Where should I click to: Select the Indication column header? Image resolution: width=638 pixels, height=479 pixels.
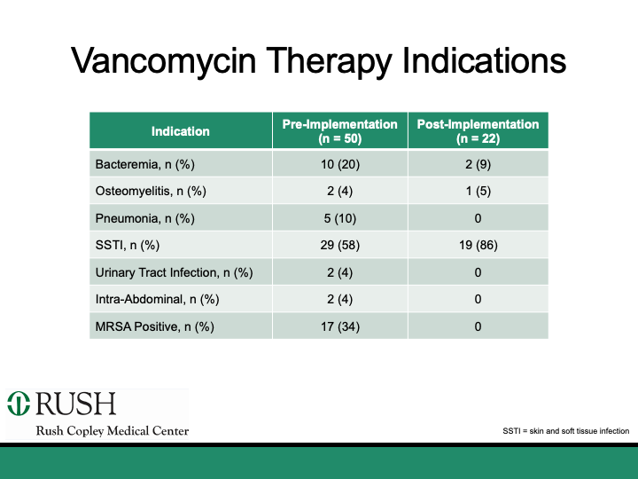[180, 131]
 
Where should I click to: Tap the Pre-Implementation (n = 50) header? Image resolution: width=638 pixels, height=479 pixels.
[339, 131]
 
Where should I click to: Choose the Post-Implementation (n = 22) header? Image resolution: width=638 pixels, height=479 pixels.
[478, 131]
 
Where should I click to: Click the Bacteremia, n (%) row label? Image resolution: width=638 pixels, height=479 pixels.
[144, 164]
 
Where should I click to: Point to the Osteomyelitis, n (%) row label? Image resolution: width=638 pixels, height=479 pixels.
[150, 191]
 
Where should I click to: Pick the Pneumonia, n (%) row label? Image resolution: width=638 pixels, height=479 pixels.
[145, 218]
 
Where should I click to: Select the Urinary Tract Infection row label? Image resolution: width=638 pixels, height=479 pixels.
[174, 272]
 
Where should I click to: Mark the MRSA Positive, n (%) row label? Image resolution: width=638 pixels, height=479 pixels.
[154, 326]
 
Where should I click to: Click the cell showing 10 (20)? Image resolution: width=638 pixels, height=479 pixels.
[339, 164]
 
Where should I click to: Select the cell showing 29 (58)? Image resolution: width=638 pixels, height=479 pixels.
[339, 245]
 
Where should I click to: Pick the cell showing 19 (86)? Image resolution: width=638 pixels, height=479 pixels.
[478, 245]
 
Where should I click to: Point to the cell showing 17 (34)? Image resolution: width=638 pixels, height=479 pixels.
[339, 326]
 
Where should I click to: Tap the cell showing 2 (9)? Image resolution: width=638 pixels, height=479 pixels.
[478, 164]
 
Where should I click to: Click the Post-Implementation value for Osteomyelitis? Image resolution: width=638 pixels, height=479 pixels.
[478, 191]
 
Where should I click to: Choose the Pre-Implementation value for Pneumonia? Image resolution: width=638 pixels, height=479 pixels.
[339, 218]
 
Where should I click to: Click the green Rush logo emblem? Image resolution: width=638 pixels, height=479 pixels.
[19, 404]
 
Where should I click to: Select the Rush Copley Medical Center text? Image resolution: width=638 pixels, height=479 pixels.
[112, 431]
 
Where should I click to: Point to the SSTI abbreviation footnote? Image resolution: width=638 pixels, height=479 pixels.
[565, 431]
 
